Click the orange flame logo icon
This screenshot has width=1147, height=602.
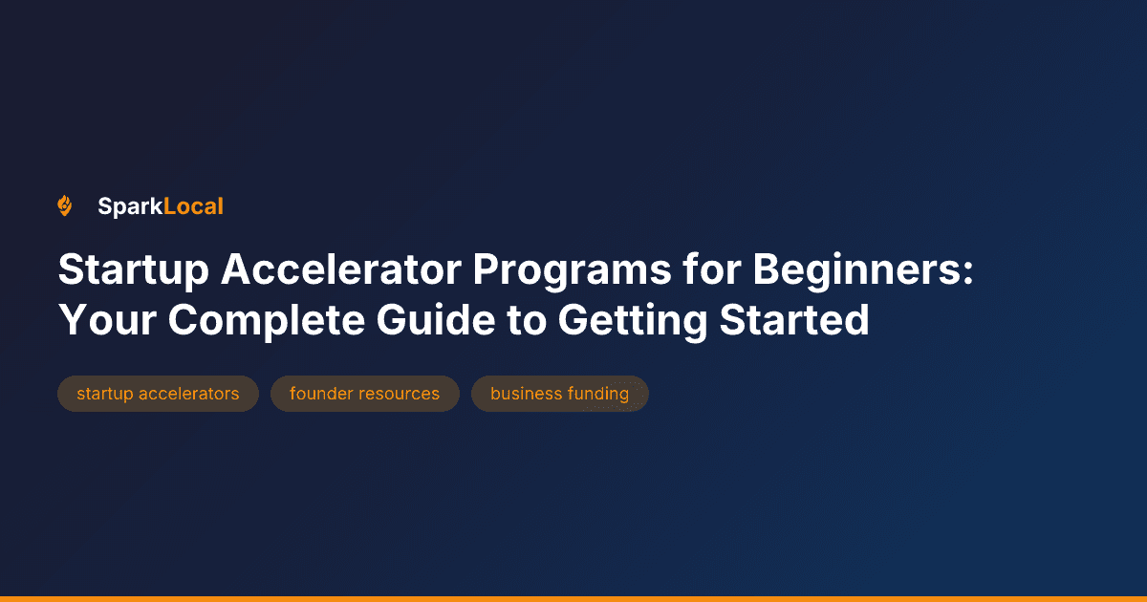pyautogui.click(x=65, y=205)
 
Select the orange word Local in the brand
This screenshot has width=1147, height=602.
pyautogui.click(x=193, y=205)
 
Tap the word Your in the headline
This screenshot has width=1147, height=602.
pyautogui.click(x=104, y=320)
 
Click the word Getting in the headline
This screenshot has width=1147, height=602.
pyautogui.click(x=632, y=320)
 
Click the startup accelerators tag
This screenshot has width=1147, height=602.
pyautogui.click(x=158, y=394)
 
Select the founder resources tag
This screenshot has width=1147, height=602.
pyautogui.click(x=364, y=394)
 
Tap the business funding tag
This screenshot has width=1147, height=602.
pyautogui.click(x=559, y=394)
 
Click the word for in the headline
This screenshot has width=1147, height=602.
pyautogui.click(x=711, y=271)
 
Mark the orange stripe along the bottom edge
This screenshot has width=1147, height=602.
pyautogui.click(x=573, y=598)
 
